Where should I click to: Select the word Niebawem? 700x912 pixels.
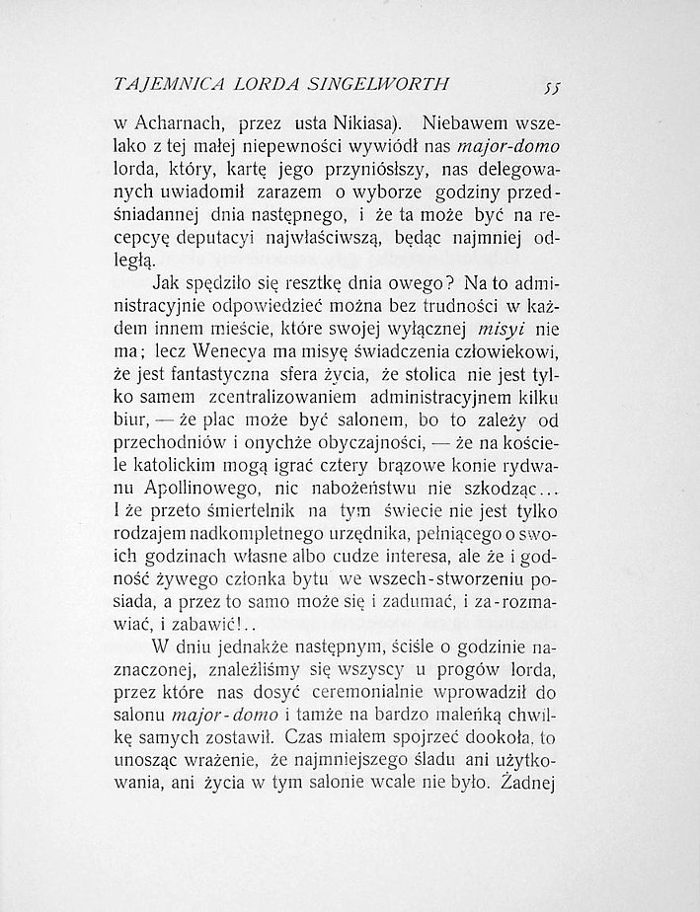pyautogui.click(x=458, y=125)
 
